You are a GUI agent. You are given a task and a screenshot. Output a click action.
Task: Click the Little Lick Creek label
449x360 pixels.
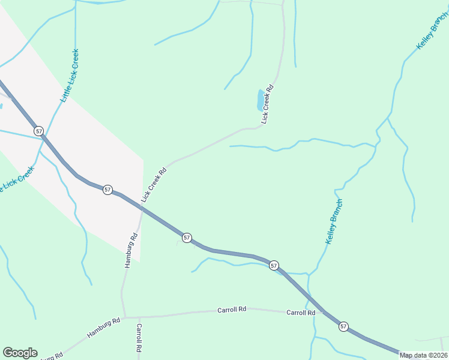pos(70,76)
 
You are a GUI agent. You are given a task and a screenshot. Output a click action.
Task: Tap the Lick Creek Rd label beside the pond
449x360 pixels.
pos(268,104)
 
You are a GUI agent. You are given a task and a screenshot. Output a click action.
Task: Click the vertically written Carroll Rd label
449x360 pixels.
pos(139,337)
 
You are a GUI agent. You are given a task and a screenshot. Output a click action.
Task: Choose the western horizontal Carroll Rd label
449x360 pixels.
pos(232,310)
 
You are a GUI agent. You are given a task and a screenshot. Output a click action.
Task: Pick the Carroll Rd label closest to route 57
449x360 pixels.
pos(301,313)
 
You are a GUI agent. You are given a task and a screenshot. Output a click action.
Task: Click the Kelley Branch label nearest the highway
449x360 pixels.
pos(334,221)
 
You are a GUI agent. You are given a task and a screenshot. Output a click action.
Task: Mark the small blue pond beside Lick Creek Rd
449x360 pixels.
pos(261,100)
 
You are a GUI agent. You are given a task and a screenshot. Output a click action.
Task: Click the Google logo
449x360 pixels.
pos(20,353)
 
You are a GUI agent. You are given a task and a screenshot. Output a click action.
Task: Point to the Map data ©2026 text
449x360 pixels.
pos(424,355)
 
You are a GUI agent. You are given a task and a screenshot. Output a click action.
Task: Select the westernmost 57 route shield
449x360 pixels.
pos(39,131)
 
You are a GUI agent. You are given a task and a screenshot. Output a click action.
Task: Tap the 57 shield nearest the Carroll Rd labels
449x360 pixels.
pos(343,326)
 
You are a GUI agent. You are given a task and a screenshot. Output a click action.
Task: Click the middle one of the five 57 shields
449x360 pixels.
pos(187,238)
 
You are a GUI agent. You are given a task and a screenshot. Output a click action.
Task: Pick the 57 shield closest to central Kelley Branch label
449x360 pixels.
pos(274,265)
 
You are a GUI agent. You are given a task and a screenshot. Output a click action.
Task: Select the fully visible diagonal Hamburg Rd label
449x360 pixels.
pos(103,328)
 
